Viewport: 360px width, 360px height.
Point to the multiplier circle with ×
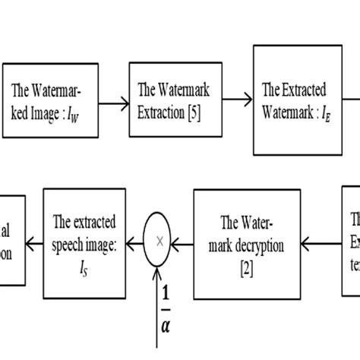[159, 242]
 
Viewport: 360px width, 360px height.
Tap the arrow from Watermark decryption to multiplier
[184, 242]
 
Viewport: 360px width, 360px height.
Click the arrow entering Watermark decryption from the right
[321, 242]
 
